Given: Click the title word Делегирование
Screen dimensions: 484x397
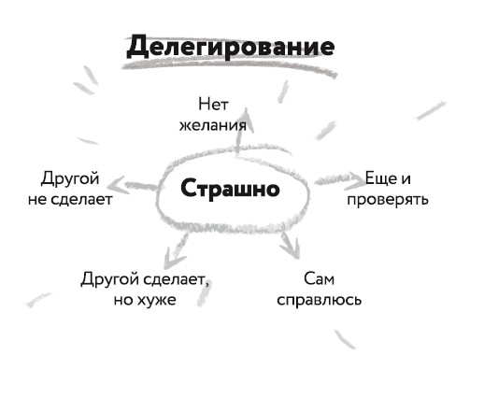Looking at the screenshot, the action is pos(231,47).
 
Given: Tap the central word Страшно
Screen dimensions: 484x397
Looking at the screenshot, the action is pos(230,189).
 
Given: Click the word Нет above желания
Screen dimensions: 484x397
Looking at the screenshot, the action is pos(213,104).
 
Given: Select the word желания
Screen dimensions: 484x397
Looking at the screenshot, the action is pos(213,125).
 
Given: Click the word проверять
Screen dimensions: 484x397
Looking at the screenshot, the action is pos(388,199).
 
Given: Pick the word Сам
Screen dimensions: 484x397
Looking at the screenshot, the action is pos(319,278).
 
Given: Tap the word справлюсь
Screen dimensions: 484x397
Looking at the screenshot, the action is pos(320,300).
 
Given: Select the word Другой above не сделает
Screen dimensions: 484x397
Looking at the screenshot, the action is pos(70,178).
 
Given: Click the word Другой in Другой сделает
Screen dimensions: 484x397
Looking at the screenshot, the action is pos(110,279).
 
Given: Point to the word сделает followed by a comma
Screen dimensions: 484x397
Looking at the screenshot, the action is pos(177,279).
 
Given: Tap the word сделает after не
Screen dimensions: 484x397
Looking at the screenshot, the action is pos(81,199).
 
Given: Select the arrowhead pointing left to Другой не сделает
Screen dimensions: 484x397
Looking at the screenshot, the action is pos(117,185).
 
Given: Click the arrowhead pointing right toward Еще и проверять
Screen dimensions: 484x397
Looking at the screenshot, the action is pos(355,181).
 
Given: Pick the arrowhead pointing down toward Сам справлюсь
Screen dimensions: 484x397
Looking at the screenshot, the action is pos(292,248).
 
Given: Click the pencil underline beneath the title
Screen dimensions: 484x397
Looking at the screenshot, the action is pos(230,67).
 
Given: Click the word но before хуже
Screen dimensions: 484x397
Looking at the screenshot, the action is pos(122,301).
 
